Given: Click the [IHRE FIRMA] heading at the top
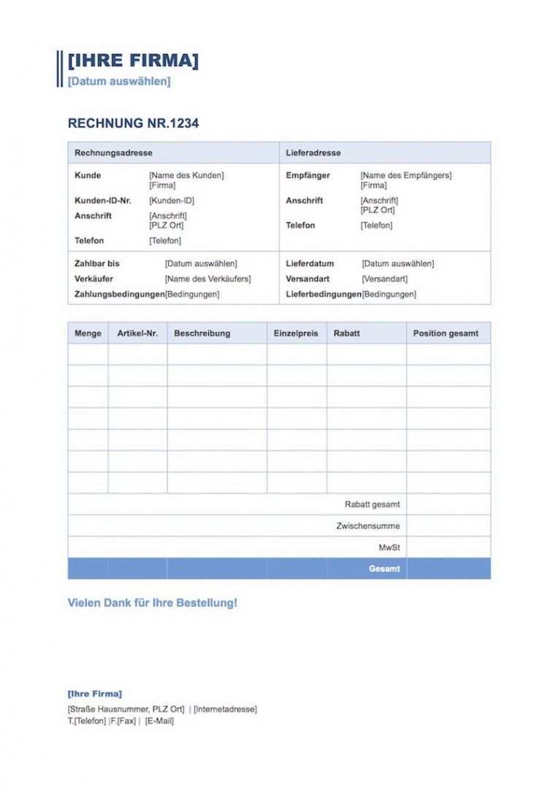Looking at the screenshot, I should [x=132, y=61].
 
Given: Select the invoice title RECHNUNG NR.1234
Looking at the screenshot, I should [x=133, y=124].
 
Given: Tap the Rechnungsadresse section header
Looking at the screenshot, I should [x=113, y=153].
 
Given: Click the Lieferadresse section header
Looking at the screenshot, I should [x=313, y=153].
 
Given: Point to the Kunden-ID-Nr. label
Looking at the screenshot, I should [x=103, y=200].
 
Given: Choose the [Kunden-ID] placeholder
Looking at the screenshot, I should [x=172, y=200].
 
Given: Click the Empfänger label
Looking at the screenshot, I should [x=308, y=175].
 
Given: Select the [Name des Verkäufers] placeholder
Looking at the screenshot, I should [x=207, y=279].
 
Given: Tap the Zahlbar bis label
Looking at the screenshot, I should [x=97, y=263].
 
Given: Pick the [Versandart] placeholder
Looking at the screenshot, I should [x=384, y=279].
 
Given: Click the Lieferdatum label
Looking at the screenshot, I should [x=310, y=263].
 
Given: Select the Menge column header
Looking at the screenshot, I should [x=88, y=333].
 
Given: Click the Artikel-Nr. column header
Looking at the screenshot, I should [x=137, y=333].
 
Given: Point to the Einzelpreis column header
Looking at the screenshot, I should [x=296, y=333].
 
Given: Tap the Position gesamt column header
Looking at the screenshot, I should [x=446, y=333].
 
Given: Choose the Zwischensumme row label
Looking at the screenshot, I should [x=368, y=526].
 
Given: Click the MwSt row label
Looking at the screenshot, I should [x=389, y=547].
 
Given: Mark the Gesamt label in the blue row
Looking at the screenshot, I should [x=384, y=569].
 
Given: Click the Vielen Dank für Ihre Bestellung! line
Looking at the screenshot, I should [x=152, y=603].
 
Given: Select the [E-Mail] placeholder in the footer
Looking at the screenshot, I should [x=159, y=721].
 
